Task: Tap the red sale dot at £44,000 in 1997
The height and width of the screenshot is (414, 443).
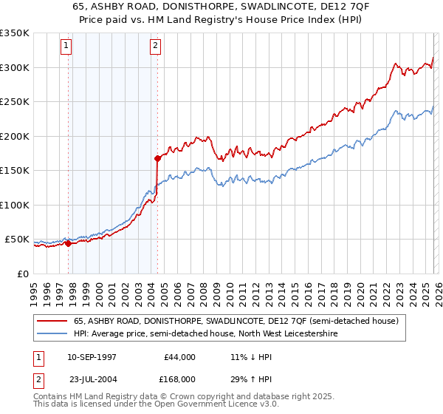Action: tap(68, 243)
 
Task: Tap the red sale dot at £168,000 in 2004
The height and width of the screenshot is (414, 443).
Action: tap(157, 157)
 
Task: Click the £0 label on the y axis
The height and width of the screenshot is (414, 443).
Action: tap(21, 274)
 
